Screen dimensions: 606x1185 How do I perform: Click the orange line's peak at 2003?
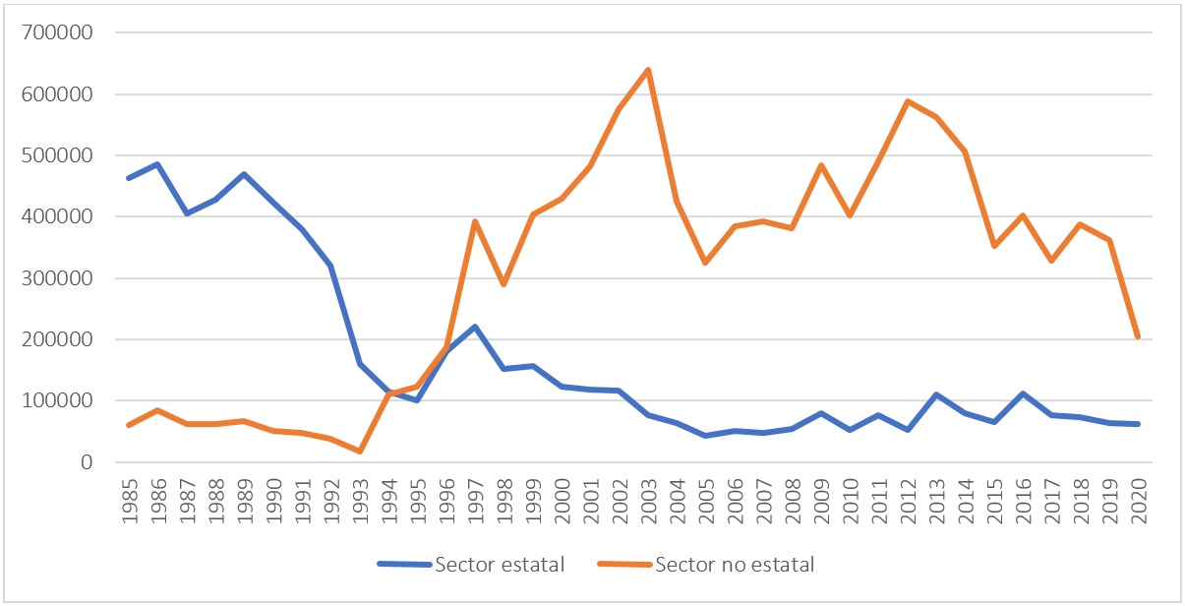coord(648,70)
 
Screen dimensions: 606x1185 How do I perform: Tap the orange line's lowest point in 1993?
coord(360,451)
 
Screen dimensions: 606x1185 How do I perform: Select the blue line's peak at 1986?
coord(157,164)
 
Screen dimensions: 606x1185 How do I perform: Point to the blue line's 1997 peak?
coord(475,327)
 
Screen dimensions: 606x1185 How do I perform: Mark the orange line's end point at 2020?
coord(1138,337)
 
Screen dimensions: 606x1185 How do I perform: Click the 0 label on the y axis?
coord(88,462)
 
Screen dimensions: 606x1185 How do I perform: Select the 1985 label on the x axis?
coord(129,497)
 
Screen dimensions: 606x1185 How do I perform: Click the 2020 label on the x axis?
coord(1138,497)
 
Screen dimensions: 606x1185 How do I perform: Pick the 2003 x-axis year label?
coord(648,497)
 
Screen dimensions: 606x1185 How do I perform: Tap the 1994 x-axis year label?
coord(388,497)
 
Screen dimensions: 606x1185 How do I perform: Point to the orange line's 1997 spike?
coord(475,221)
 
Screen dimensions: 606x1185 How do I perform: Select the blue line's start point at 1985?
coord(129,178)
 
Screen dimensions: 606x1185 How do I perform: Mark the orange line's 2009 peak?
coord(821,165)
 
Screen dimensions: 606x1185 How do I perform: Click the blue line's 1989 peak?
coord(244,174)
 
